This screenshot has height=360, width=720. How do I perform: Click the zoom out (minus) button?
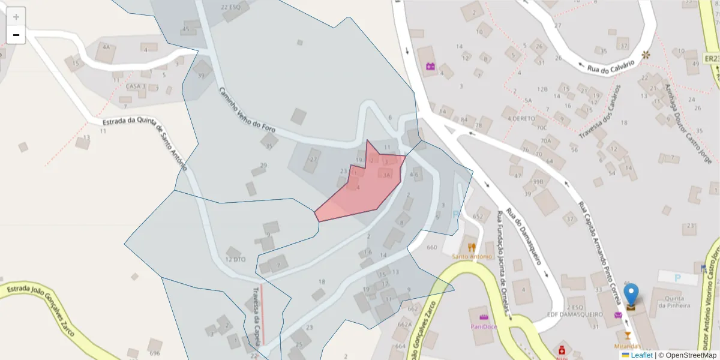pos(16,35)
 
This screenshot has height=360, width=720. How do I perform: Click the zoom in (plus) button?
pos(16,17)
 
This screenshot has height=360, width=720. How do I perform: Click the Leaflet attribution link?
pos(641,355)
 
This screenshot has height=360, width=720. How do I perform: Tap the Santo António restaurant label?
pos(472,256)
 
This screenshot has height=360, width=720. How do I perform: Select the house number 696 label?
pos(155,353)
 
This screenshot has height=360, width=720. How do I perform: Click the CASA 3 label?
pos(136,86)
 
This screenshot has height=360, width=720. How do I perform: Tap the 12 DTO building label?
pos(235,259)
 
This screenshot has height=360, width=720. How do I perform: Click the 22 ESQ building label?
pos(230,7)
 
